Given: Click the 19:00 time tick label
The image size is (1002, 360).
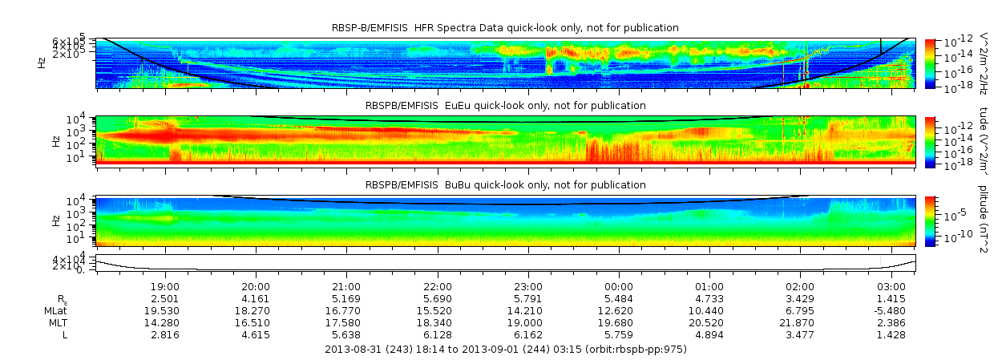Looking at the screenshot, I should point(164,286).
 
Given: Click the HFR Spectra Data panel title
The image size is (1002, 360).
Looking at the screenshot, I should point(505,28).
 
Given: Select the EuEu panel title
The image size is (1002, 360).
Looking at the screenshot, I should point(505,105).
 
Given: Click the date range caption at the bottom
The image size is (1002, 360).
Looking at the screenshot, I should point(506,350).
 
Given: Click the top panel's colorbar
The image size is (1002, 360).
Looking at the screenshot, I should point(930,62).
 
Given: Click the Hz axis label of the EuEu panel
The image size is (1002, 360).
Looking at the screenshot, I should point(55,141).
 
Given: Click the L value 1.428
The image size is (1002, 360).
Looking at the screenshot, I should point(891,334).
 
